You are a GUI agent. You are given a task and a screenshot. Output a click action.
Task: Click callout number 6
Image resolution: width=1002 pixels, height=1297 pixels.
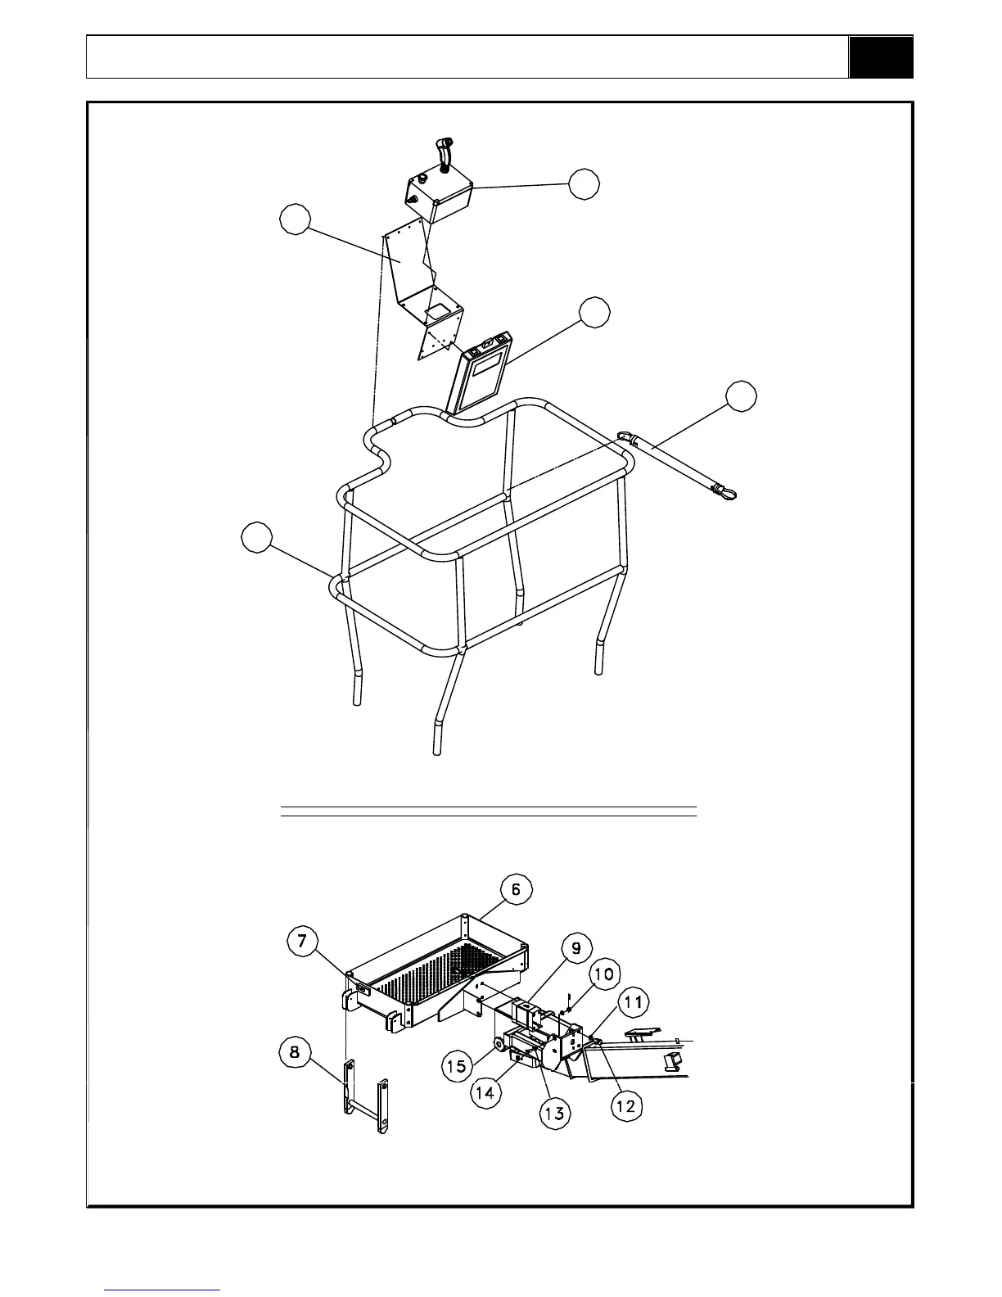pos(516,890)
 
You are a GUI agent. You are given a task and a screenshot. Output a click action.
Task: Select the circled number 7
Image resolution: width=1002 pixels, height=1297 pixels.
pos(302,942)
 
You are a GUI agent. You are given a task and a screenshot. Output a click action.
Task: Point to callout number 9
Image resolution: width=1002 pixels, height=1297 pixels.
pos(576,948)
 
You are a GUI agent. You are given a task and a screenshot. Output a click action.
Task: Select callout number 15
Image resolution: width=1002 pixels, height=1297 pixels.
pos(458,1065)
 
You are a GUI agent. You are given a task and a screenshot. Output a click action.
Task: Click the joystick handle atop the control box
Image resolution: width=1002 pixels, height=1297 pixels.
pos(442,151)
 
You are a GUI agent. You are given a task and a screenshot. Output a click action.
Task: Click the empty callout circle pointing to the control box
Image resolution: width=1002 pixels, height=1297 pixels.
pos(584,184)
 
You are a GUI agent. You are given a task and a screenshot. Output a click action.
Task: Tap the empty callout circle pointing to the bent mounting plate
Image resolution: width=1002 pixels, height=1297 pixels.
pos(295,219)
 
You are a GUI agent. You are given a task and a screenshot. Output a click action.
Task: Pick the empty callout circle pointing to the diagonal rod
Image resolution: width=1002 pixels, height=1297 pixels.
pos(742,395)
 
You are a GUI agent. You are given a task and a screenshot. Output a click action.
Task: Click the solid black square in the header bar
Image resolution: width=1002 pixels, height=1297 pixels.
pos(881,57)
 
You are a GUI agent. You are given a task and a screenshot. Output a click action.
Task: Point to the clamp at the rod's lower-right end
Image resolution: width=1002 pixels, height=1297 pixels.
pos(726,492)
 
